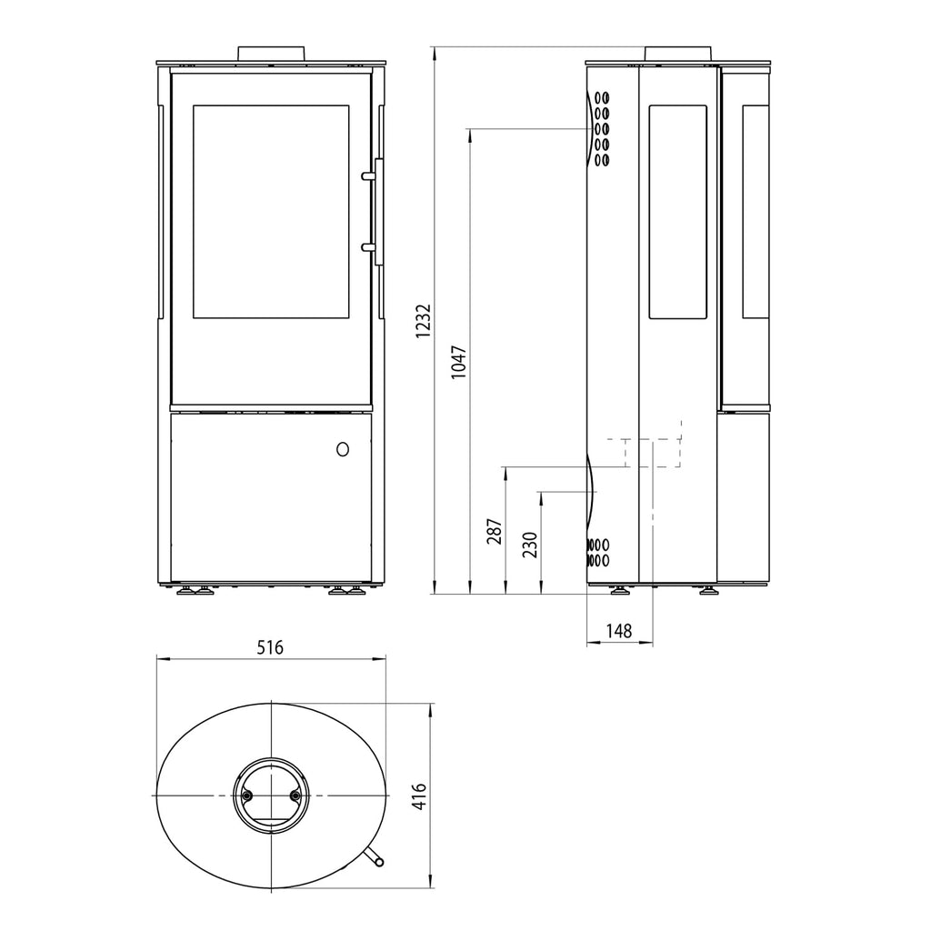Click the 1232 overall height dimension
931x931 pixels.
pos(422,321)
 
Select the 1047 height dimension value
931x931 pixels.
pos(458,362)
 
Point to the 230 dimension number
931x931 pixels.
pos(530,545)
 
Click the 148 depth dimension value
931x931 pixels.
pos(618,630)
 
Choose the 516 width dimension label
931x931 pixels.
pos(270,647)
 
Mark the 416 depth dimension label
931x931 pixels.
pos(419,796)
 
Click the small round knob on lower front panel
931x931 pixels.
pos(343,449)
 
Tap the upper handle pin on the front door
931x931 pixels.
pos(369,175)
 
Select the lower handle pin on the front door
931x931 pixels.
pos(369,246)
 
